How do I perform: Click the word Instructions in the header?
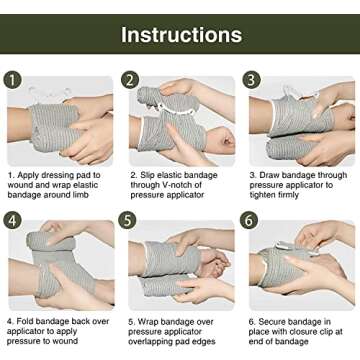pos(181,34)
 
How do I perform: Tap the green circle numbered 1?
pos(13,80)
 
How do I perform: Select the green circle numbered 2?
pos(130,80)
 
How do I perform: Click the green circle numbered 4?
pos(13,219)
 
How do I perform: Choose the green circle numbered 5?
pos(130,219)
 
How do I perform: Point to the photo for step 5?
pos(181,262)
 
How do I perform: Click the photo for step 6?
pos(300,262)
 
